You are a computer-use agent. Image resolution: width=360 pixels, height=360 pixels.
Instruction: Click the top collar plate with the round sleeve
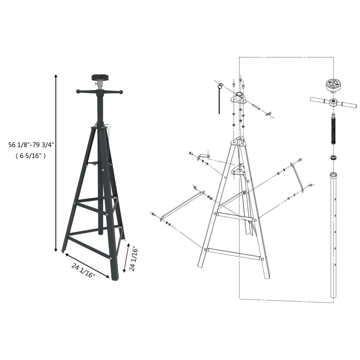click(x=239, y=98)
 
